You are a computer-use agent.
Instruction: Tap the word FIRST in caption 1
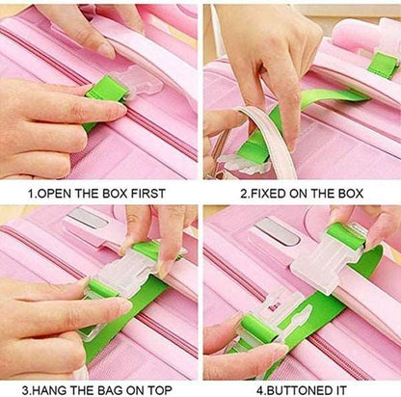(148, 194)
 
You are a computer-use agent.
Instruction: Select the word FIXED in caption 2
(268, 194)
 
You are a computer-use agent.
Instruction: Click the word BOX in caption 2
(351, 194)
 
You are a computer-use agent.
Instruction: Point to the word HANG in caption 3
(50, 390)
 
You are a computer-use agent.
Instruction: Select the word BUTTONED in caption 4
(298, 390)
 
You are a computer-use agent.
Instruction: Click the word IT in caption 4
(339, 390)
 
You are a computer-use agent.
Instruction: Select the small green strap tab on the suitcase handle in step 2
(383, 66)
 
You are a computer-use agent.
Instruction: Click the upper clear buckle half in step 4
(328, 259)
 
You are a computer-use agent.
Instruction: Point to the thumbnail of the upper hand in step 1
(105, 51)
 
